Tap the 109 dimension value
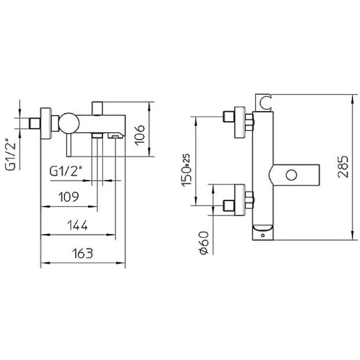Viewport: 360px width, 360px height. pyautogui.click(x=69, y=197)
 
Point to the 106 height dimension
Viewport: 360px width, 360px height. pyautogui.click(x=140, y=133)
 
